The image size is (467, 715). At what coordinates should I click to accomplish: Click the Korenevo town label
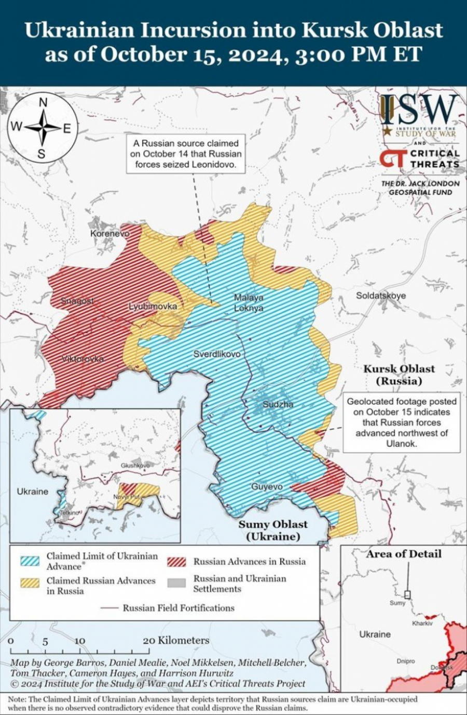tap(109, 233)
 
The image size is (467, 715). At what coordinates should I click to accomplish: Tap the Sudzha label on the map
tap(278, 404)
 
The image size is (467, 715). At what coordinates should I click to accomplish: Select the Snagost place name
tap(77, 301)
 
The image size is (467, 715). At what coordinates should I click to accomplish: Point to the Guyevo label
tap(267, 487)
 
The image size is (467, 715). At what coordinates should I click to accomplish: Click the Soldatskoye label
tap(380, 296)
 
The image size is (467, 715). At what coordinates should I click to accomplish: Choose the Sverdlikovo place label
tap(217, 354)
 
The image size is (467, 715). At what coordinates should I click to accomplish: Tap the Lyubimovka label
tap(153, 306)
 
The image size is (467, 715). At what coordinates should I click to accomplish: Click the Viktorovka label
tap(83, 359)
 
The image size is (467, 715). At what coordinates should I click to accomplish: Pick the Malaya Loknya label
tap(249, 303)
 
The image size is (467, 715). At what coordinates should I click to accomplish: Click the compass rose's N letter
tap(43, 102)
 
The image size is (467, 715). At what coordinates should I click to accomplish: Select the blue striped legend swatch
tap(30, 561)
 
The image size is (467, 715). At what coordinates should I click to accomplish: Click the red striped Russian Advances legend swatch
tap(176, 562)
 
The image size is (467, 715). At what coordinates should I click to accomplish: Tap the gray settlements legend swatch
tap(176, 583)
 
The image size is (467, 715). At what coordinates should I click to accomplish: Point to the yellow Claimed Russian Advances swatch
tap(30, 583)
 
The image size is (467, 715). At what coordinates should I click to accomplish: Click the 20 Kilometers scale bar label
tap(176, 640)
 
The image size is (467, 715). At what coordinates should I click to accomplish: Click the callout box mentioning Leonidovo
tap(185, 153)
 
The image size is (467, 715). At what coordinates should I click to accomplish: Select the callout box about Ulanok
tap(402, 422)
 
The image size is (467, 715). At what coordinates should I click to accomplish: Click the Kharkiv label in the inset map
tap(422, 623)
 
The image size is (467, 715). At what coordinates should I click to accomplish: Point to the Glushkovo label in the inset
tap(135, 466)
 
